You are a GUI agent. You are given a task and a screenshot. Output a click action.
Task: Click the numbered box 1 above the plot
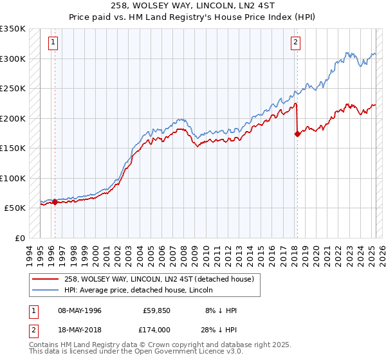click(52, 43)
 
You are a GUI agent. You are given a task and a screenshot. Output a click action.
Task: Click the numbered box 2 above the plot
click(295, 43)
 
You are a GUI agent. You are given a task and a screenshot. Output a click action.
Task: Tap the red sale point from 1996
click(55, 202)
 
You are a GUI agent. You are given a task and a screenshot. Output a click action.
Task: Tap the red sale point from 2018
click(297, 134)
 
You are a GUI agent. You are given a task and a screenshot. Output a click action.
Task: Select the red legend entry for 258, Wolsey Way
click(159, 279)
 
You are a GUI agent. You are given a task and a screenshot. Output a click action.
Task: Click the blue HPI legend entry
click(142, 290)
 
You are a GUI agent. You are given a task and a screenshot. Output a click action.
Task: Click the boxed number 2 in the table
click(33, 328)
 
